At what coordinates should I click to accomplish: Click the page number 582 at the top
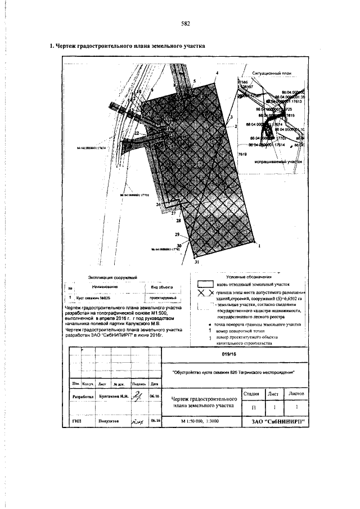[x=185, y=24]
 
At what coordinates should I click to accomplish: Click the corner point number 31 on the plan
[x=196, y=262]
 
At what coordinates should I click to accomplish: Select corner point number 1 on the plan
[x=259, y=246]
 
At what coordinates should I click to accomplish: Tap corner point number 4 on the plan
[x=217, y=73]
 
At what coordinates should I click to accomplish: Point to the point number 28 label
[x=178, y=222]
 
